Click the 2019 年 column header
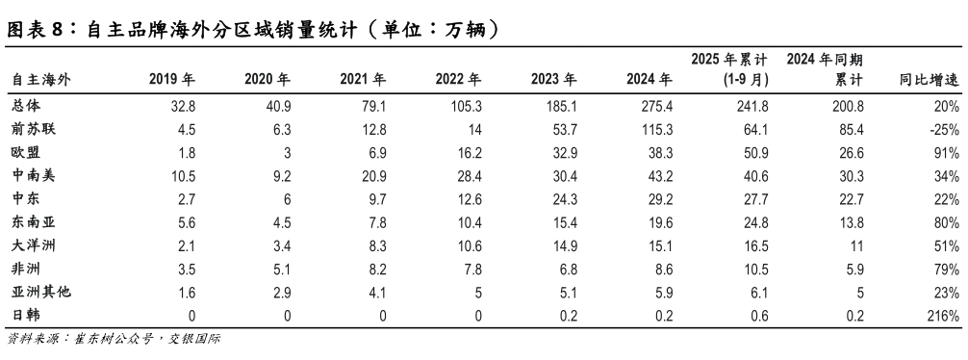[x=173, y=79]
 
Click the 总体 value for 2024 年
[x=654, y=105]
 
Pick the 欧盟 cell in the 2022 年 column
[x=467, y=152]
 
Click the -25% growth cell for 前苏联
[x=945, y=128]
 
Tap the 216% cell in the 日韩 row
[x=943, y=317]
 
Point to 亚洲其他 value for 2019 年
[x=188, y=293]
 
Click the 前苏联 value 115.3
[x=654, y=128]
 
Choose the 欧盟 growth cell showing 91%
[x=947, y=152]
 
